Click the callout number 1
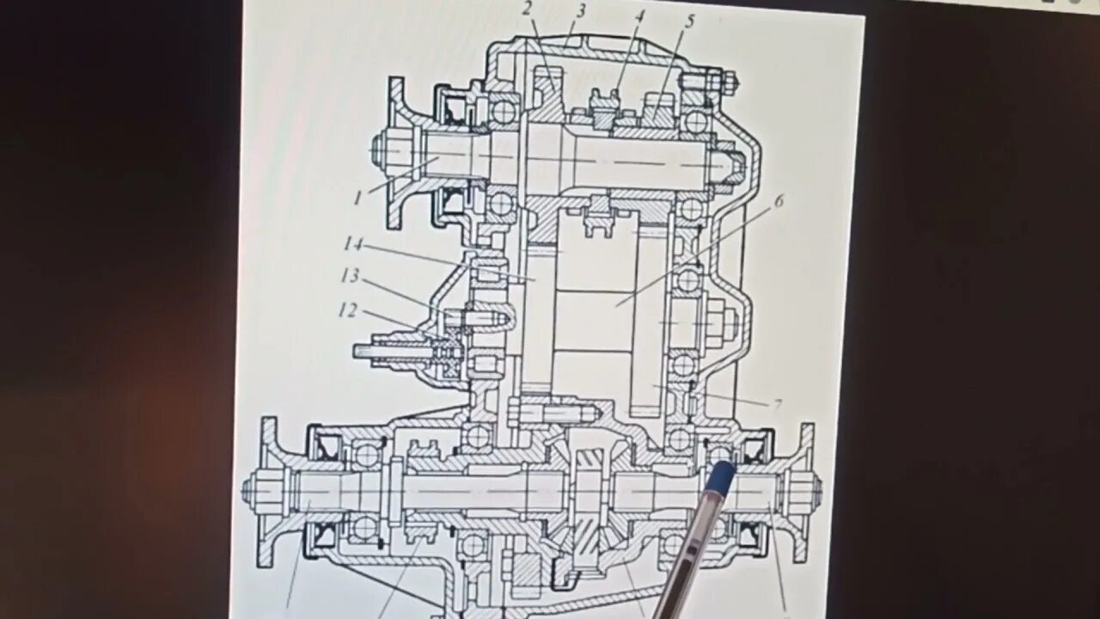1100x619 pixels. [357, 198]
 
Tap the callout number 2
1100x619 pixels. [527, 9]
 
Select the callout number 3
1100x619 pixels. [581, 11]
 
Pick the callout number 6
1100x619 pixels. [779, 201]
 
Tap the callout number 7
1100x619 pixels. [777, 404]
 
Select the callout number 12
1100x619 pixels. [347, 309]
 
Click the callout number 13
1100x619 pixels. [349, 275]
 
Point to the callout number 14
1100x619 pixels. [353, 244]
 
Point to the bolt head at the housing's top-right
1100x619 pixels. [730, 83]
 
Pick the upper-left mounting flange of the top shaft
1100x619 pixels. [396, 153]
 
